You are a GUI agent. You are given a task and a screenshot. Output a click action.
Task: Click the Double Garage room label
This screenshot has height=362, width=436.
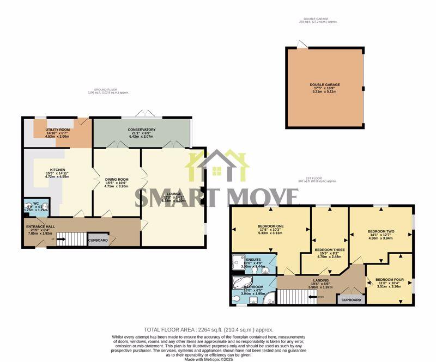[325, 85]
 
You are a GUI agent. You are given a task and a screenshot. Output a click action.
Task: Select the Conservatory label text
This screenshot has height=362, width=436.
[142, 130]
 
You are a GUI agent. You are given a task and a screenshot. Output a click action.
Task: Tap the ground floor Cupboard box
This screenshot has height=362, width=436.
[98, 240]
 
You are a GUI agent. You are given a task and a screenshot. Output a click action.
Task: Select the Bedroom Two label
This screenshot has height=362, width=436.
[381, 231]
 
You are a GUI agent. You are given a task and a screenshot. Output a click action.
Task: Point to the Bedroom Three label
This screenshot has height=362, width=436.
[329, 250]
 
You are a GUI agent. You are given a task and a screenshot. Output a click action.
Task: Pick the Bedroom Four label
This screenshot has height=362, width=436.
[389, 283]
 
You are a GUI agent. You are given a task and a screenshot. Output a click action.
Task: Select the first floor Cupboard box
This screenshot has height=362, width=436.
[351, 300]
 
